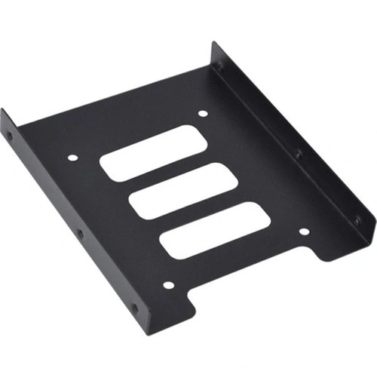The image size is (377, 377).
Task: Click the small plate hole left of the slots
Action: pos(72,159)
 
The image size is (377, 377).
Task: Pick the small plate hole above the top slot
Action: pos(203,115)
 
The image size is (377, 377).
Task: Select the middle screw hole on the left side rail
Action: pos(81,234)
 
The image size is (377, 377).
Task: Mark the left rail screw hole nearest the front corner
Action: pos(134,309)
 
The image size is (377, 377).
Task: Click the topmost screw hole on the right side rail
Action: pos(219,66)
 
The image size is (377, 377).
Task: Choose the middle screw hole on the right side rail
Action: pos(299,155)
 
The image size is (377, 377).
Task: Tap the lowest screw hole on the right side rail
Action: pos(357,219)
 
